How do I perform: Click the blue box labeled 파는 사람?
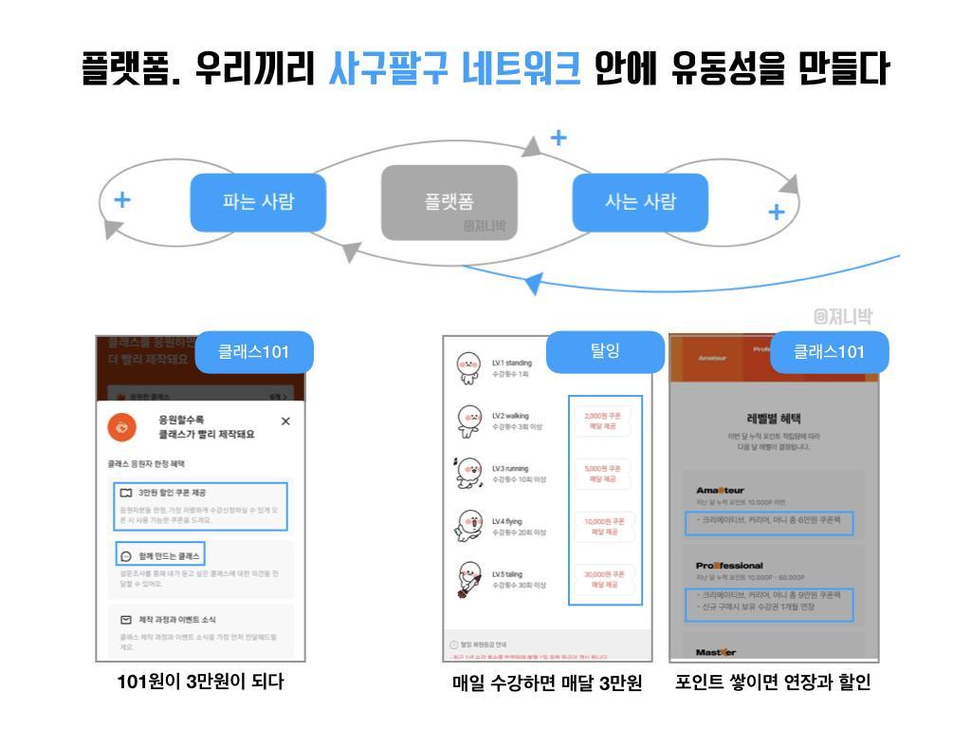pyautogui.click(x=258, y=202)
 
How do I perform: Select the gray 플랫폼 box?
pyautogui.click(x=449, y=202)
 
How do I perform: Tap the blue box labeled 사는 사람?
pyautogui.click(x=640, y=202)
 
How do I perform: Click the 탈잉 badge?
pyautogui.click(x=604, y=350)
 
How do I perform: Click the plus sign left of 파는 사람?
pyautogui.click(x=122, y=200)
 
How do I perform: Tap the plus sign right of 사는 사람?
pyautogui.click(x=776, y=212)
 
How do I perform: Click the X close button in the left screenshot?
pyautogui.click(x=285, y=421)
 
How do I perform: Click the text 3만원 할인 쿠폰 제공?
pyautogui.click(x=172, y=493)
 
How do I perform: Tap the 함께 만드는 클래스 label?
pyautogui.click(x=169, y=555)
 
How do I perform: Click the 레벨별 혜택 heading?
pyautogui.click(x=774, y=418)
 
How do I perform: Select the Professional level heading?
pyautogui.click(x=729, y=566)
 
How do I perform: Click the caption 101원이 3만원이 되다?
pyautogui.click(x=200, y=682)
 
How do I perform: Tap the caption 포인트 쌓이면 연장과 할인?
pyautogui.click(x=773, y=682)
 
